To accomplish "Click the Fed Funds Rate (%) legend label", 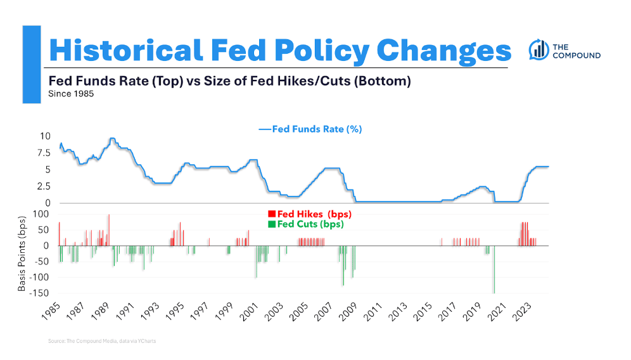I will pos(316,129).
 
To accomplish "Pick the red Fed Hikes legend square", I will pos(271,214).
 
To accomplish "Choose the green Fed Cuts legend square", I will pos(271,224).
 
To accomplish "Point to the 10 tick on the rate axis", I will pos(44,136).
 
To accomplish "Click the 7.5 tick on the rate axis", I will pos(42,153).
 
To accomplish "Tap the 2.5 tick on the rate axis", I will pos(42,186).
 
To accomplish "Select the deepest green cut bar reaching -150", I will pos(494,269).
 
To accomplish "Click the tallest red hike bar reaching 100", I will pos(109,229).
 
